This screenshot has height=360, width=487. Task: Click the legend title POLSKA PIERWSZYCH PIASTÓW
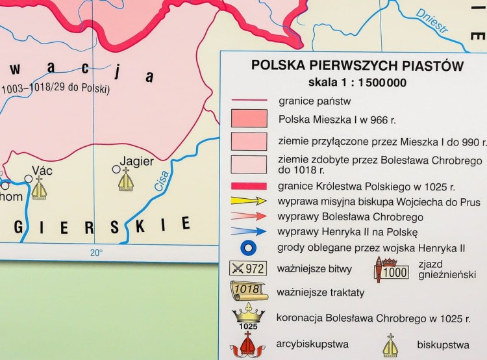[x=357, y=66]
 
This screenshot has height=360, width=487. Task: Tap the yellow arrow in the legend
[x=249, y=201]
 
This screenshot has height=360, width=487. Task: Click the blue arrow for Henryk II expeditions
[x=249, y=231]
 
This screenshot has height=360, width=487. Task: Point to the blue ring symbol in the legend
[x=249, y=248]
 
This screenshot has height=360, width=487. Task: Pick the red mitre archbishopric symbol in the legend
[x=249, y=344]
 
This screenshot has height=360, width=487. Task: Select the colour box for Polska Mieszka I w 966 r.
[x=249, y=118]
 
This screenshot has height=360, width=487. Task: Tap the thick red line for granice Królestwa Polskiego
[x=249, y=186]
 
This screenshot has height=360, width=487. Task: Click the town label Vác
[x=42, y=171]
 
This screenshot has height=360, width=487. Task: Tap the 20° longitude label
[x=96, y=253]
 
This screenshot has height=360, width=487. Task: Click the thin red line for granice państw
[x=249, y=101]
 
